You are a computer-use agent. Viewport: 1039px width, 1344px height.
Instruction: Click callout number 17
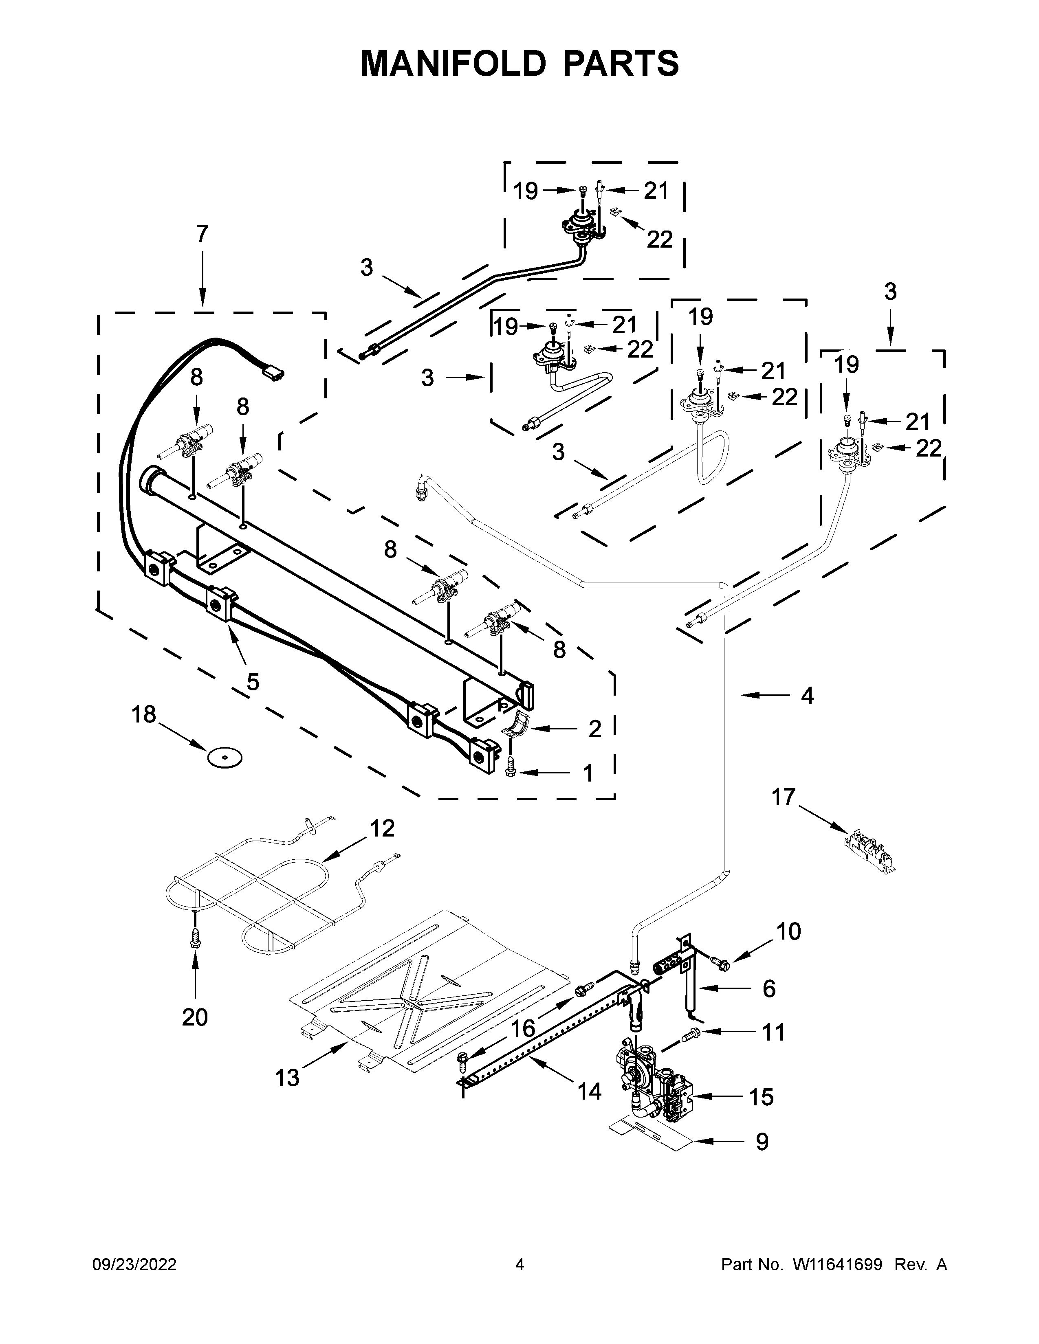point(784,797)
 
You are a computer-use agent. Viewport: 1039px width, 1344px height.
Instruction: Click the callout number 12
point(382,829)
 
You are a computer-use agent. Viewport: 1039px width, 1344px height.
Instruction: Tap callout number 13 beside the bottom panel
point(287,1078)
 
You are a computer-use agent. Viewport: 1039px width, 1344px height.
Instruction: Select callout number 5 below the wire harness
point(252,682)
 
